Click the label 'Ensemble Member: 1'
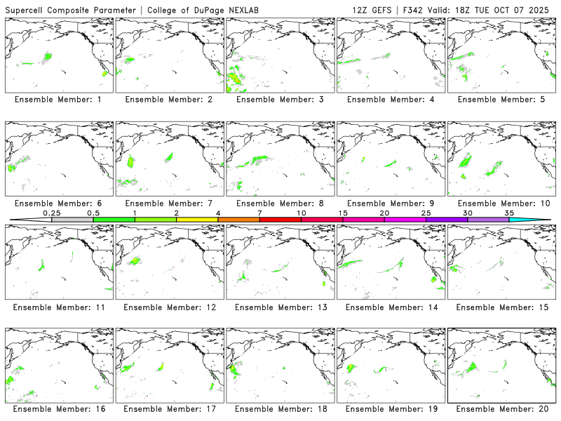point(57,100)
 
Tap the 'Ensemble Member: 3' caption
point(278,100)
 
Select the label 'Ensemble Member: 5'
point(499,100)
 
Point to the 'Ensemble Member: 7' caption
point(168,203)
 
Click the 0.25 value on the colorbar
point(51,213)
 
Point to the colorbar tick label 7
point(259,213)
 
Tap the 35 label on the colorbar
point(509,213)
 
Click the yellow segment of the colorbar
point(197,220)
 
